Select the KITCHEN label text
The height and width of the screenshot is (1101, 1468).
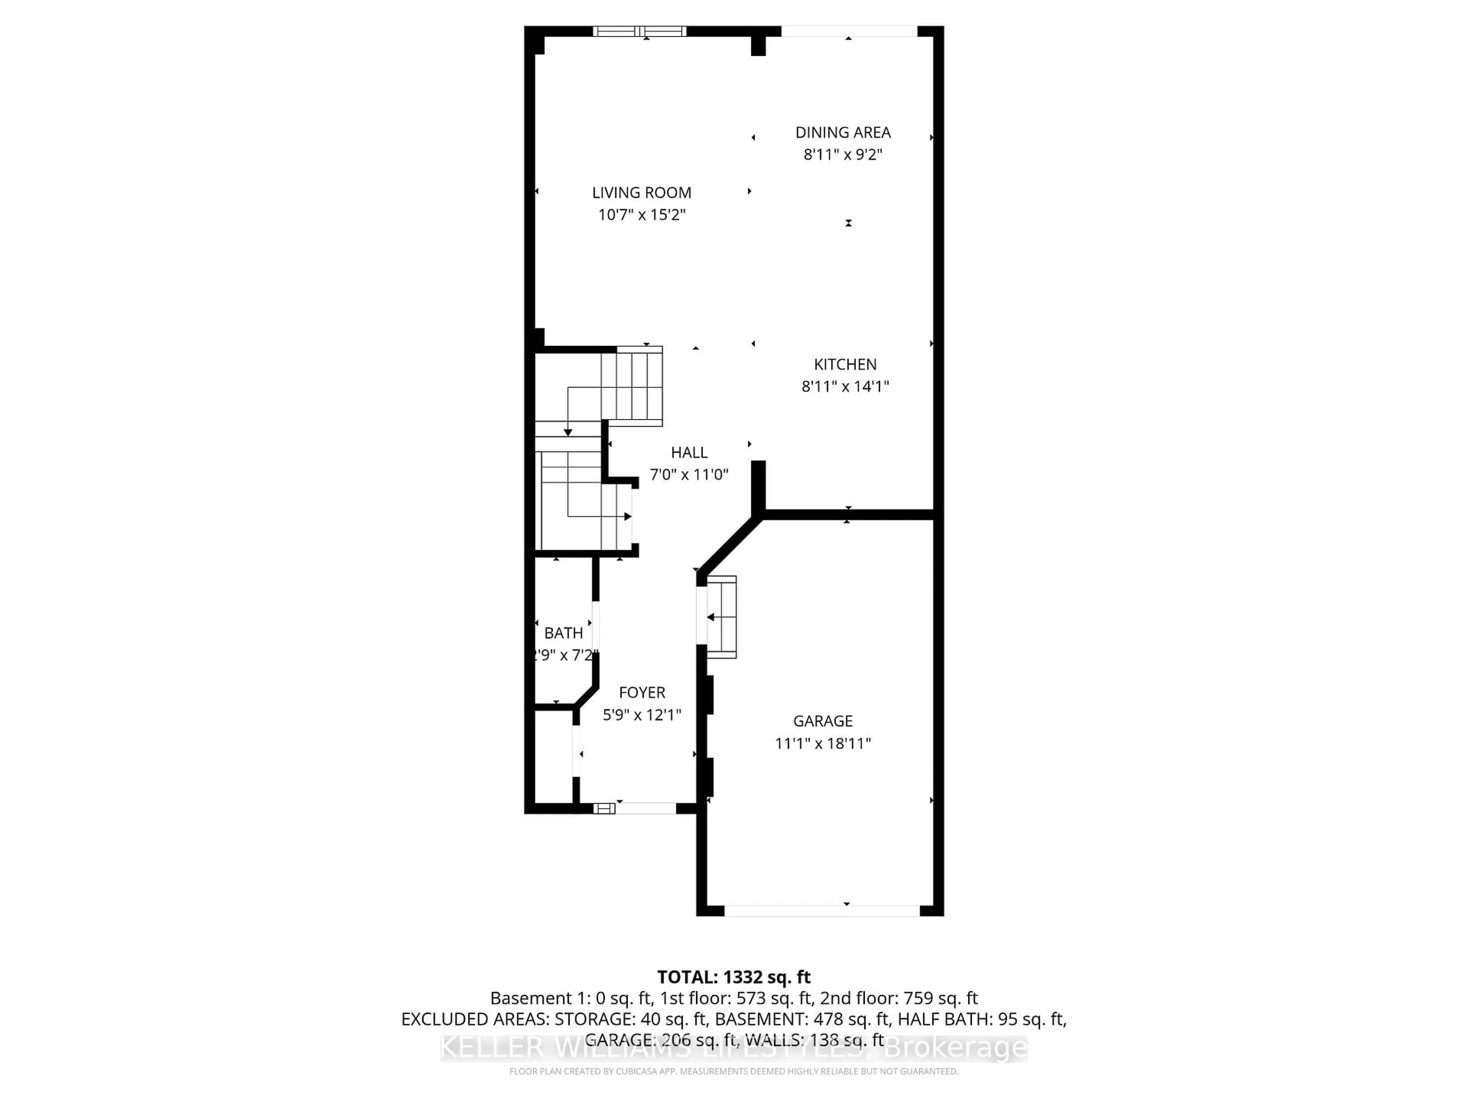pyautogui.click(x=845, y=364)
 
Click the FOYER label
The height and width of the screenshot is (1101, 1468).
pyautogui.click(x=642, y=693)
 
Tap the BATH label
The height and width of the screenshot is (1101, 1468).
pyautogui.click(x=563, y=633)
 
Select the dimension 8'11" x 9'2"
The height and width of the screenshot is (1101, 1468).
pyautogui.click(x=843, y=154)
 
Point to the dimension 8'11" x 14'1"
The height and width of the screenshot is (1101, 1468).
pyautogui.click(x=845, y=386)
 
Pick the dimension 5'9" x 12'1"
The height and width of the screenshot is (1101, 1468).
pyautogui.click(x=642, y=715)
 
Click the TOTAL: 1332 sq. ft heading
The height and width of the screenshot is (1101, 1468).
pyautogui.click(x=733, y=977)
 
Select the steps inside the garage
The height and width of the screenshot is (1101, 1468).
pyautogui.click(x=722, y=617)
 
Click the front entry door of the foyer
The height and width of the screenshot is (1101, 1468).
pyautogui.click(x=645, y=808)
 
